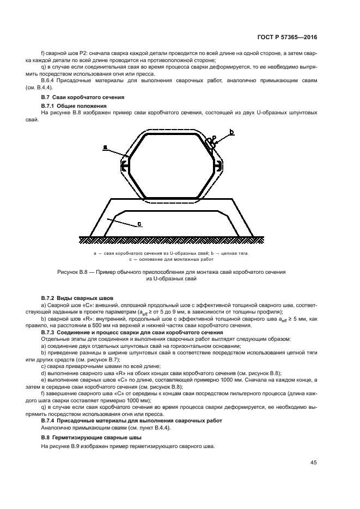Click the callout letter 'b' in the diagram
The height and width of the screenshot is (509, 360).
232,132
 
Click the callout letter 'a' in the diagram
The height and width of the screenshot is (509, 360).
105,147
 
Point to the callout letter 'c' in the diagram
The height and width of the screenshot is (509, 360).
140,223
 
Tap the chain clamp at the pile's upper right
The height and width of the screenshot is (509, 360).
210,143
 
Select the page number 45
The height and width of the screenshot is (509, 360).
314,463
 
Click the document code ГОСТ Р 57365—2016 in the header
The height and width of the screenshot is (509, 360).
286,38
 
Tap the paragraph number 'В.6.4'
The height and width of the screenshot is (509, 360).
51,81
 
